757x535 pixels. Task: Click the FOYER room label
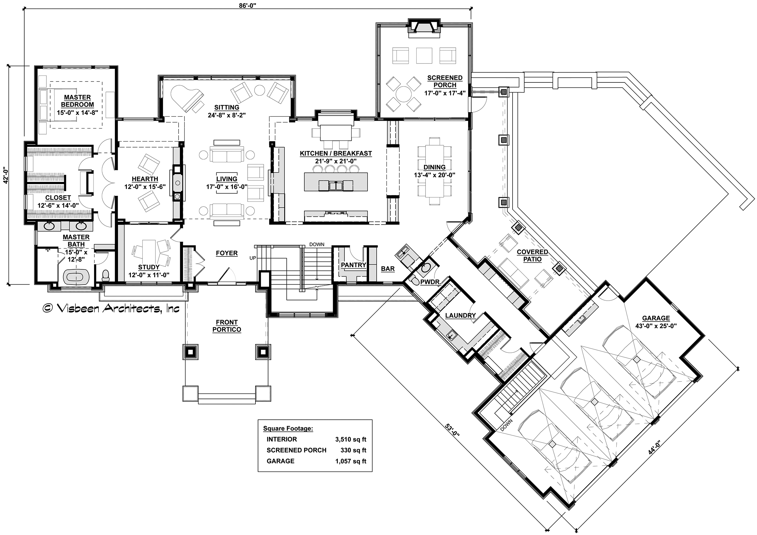[227, 253]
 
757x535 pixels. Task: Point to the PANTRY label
[354, 265]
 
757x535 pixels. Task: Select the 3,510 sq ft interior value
[351, 439]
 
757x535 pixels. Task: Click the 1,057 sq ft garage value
[351, 461]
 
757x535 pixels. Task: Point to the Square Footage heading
[288, 429]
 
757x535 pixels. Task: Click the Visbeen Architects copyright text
[111, 308]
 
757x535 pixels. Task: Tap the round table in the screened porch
[403, 93]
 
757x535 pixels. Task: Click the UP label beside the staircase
[253, 258]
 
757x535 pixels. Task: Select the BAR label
[388, 269]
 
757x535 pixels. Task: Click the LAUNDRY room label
[460, 316]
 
